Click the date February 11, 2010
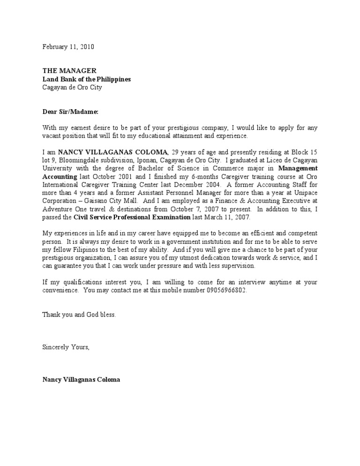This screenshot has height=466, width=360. click(71, 47)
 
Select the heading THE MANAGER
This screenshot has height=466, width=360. click(69, 71)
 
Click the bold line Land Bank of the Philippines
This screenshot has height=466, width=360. click(87, 79)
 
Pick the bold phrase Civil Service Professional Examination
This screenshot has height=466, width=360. click(132, 217)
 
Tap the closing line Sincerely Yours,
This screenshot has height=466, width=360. click(66, 347)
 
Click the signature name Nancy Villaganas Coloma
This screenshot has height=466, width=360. click(81, 379)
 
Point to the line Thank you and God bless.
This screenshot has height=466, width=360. click(79, 315)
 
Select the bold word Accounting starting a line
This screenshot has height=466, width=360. click(60, 176)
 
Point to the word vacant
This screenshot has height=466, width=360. click(52, 136)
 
